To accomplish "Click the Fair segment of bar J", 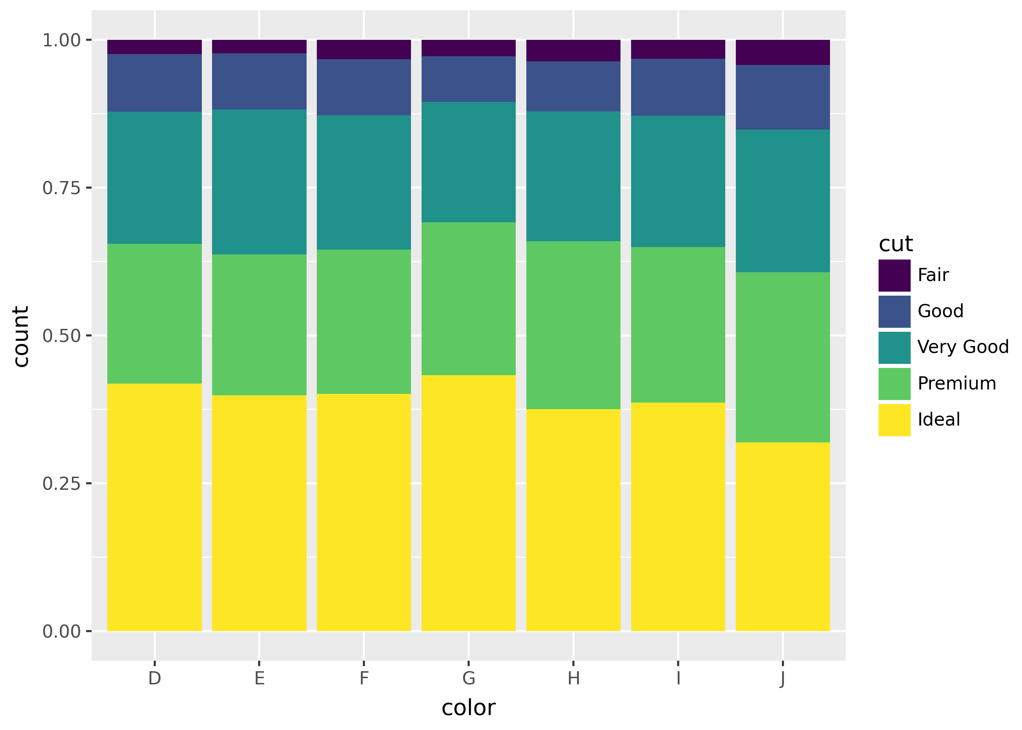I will (x=783, y=52).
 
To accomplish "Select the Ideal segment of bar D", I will (x=154, y=507).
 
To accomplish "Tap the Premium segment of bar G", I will (x=468, y=299).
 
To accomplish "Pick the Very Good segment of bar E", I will (x=259, y=182).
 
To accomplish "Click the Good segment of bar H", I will (x=573, y=86).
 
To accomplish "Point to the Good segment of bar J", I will (x=783, y=97).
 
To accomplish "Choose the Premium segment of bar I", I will (x=678, y=324).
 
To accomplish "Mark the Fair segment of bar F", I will (x=364, y=49).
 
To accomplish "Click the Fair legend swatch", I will (x=894, y=275).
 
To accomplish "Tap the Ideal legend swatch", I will (x=894, y=420).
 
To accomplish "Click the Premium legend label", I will (x=957, y=383).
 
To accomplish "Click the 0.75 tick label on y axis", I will (x=61, y=188).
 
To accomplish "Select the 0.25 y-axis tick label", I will (x=61, y=484).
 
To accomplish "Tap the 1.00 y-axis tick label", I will (x=61, y=41).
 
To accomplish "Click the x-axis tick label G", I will (x=468, y=678).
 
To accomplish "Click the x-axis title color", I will (x=468, y=708).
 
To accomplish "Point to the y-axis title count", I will (x=21, y=336).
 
